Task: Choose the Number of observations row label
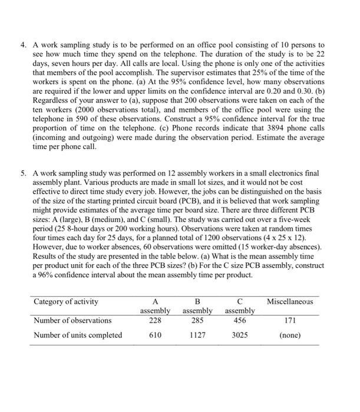[72, 320]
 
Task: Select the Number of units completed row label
[78, 335]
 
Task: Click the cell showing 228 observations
[154, 320]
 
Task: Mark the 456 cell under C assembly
[239, 320]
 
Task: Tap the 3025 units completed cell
[239, 335]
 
